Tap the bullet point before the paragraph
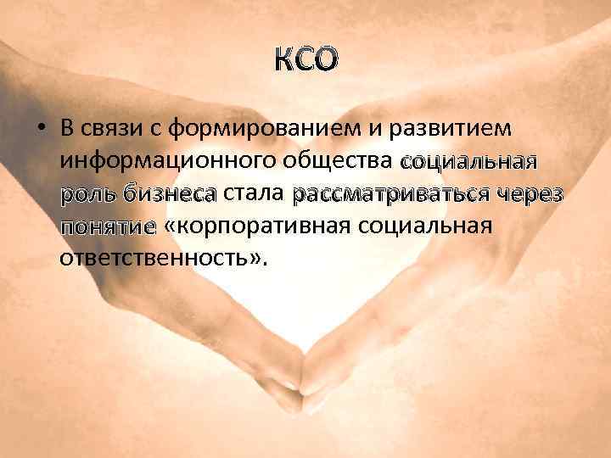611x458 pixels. click(40, 129)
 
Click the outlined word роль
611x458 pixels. click(87, 194)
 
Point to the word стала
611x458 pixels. click(254, 193)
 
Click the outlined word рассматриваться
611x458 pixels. click(393, 194)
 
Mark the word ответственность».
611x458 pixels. click(163, 258)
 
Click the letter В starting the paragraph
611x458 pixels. click(67, 129)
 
